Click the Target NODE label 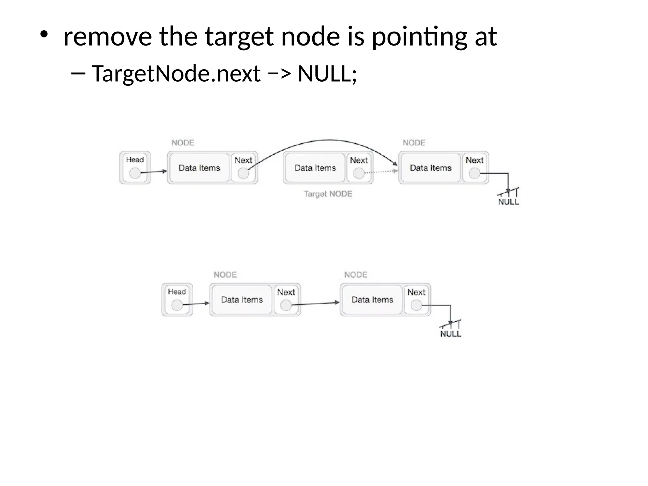pos(328,194)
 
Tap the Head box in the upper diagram pos(135,167)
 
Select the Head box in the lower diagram pos(177,299)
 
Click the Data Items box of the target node pos(315,168)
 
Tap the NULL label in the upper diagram pos(508,202)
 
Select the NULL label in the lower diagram pos(451,334)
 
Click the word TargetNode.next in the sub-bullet pos(176,73)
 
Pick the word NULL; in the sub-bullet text pos(327,73)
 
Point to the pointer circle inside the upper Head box pos(135,173)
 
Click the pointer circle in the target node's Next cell pos(358,173)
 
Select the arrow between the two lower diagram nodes pos(315,304)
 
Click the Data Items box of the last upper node pos(431,168)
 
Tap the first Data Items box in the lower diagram pos(242,300)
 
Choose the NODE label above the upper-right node pos(414,143)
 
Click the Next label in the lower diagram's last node pos(416,292)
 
